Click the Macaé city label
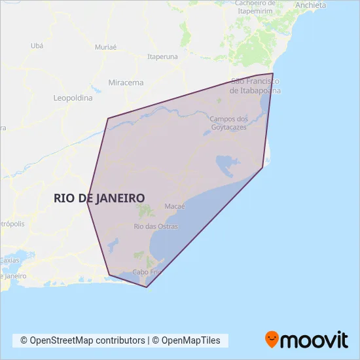175,206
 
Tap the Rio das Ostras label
156,226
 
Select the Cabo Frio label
147,272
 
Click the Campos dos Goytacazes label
229,123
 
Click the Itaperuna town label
163,57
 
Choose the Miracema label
126,82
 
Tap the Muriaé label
105,48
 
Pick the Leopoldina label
73,98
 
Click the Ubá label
37,46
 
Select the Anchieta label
310,5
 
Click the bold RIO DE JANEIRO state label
99,197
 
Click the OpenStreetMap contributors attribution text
82,340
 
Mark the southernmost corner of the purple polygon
147,287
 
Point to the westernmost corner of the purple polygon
87,202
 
